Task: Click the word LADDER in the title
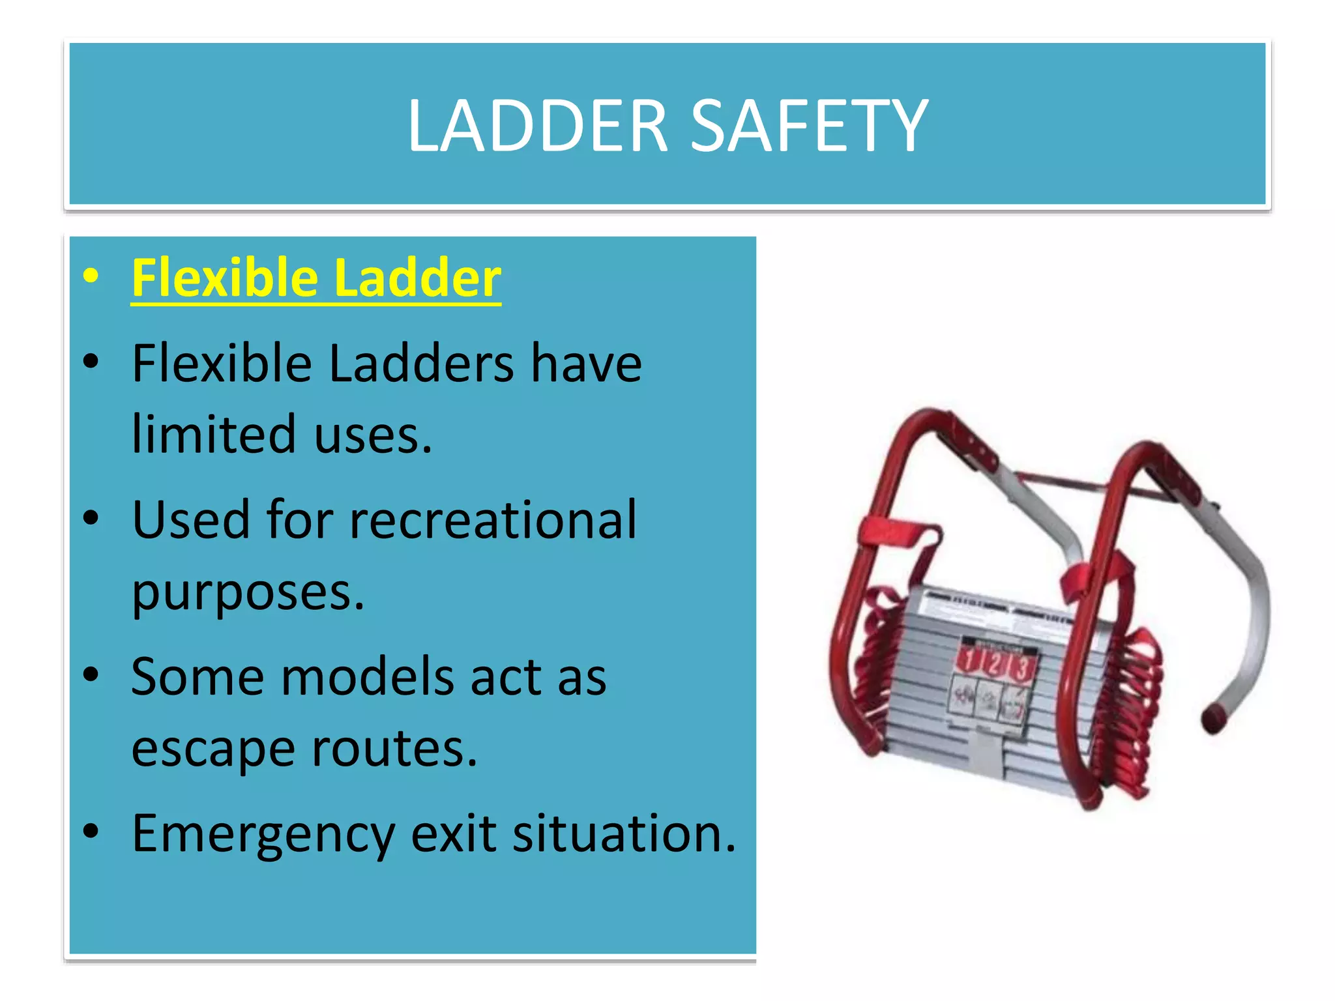538,125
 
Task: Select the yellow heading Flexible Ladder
316,278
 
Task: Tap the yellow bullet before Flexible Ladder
91,276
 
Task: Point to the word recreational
493,519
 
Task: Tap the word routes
394,749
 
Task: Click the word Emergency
263,834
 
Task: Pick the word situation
624,834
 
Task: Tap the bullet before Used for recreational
91,518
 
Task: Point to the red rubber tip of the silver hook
1214,719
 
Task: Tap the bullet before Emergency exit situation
91,832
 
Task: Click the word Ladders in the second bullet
421,363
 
